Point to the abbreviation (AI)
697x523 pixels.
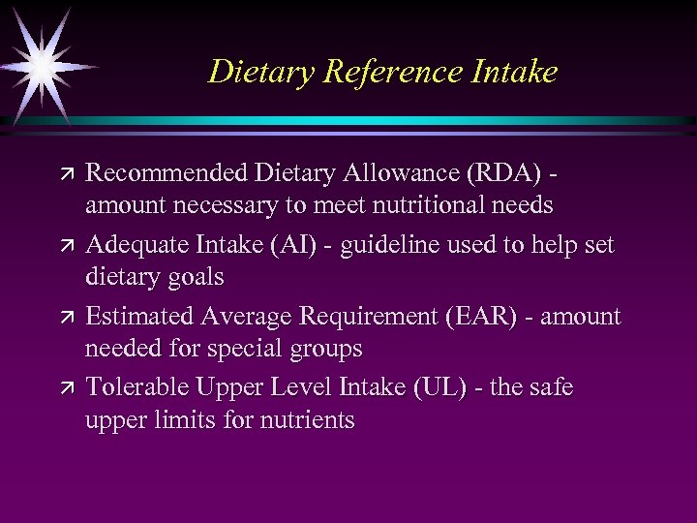point(290,245)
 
